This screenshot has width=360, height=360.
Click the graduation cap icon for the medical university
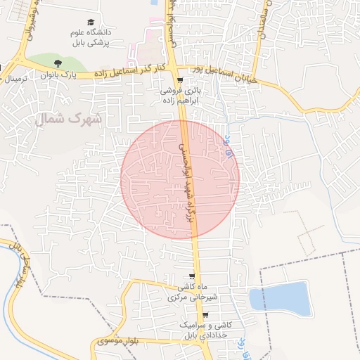pyautogui.click(x=91, y=23)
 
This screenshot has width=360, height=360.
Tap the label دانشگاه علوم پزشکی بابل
pyautogui.click(x=91, y=37)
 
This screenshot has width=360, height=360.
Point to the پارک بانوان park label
pyautogui.click(x=61, y=73)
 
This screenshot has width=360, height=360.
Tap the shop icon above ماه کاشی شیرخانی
pyautogui.click(x=193, y=276)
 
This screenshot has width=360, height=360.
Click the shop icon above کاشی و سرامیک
pyautogui.click(x=205, y=315)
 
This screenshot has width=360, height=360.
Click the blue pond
pyautogui.click(x=281, y=299)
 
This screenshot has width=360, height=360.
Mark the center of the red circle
pyautogui.click(x=180, y=179)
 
